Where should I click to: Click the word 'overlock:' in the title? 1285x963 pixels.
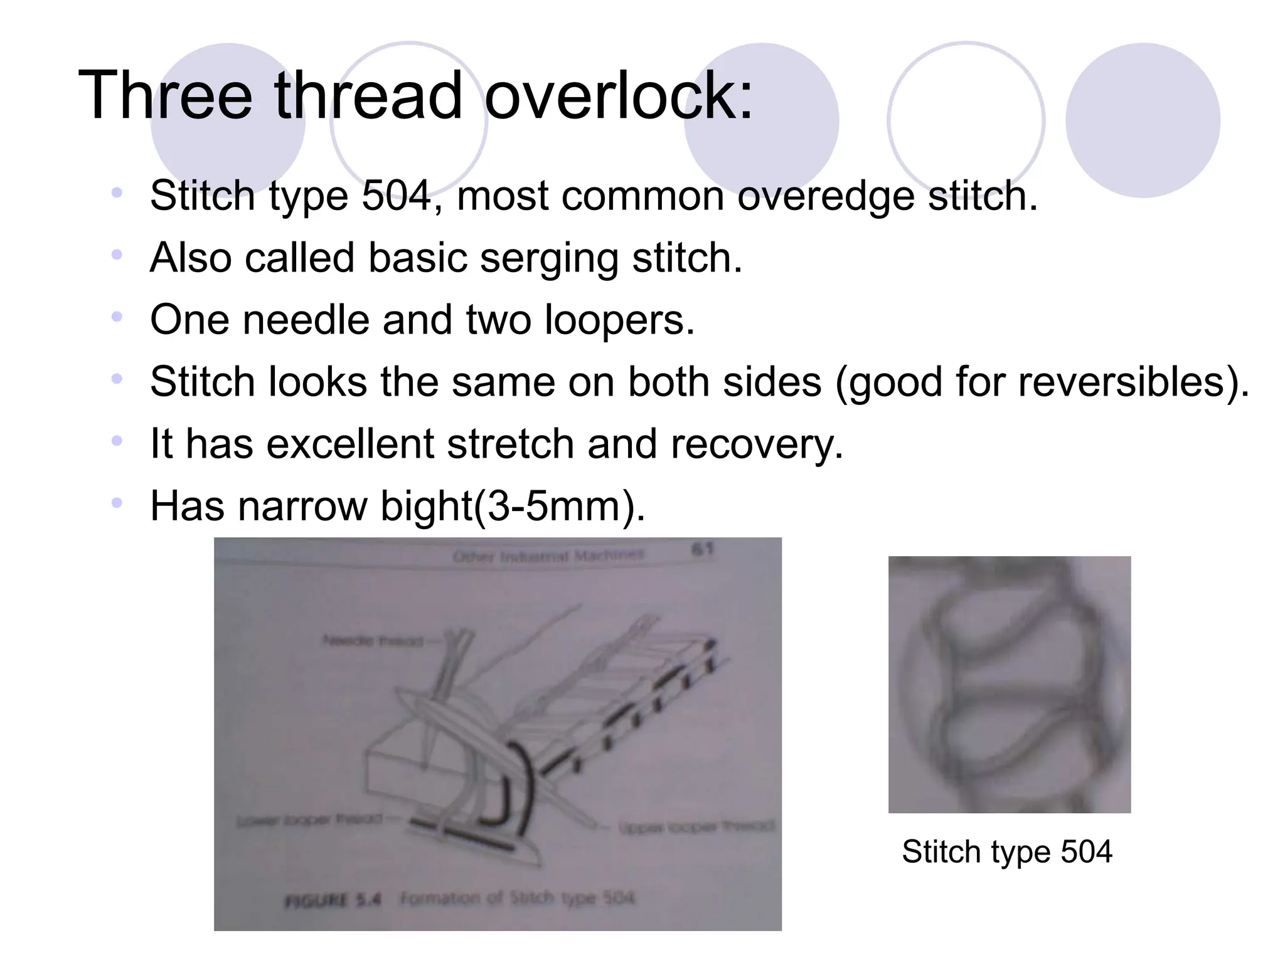tap(618, 95)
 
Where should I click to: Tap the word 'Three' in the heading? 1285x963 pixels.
tap(164, 95)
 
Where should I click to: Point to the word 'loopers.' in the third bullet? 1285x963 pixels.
tap(619, 320)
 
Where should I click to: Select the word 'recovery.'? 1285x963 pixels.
tap(757, 444)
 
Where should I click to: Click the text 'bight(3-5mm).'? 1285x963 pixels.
tap(513, 506)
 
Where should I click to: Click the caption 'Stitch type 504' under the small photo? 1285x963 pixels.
tap(1007, 851)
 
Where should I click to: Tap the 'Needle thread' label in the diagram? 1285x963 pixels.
tap(373, 641)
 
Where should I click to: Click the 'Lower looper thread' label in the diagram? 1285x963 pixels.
tap(309, 819)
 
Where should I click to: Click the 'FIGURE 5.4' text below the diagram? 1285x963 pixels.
tap(333, 900)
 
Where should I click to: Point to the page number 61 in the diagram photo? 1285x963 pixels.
tap(702, 550)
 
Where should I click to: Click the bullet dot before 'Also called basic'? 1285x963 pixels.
tap(117, 255)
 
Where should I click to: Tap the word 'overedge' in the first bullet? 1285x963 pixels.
tap(824, 196)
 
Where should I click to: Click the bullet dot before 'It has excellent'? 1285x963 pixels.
tap(117, 441)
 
